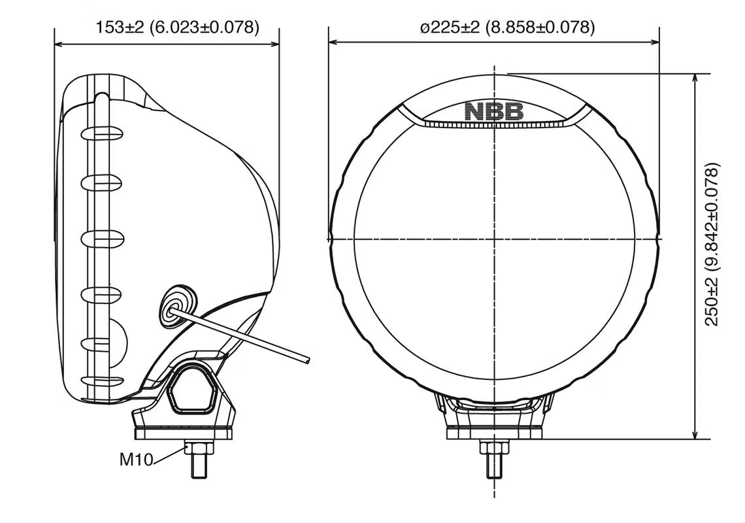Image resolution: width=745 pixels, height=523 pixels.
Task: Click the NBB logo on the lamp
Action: pyautogui.click(x=494, y=112)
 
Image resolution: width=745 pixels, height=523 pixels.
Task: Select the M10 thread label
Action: pyautogui.click(x=135, y=460)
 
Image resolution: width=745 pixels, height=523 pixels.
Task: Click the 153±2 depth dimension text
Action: pyautogui.click(x=177, y=27)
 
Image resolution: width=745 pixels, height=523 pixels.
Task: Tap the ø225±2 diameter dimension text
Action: pyautogui.click(x=507, y=27)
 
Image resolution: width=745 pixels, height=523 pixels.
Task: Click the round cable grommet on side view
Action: pyautogui.click(x=174, y=305)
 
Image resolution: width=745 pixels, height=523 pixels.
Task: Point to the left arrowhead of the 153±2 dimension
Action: pyautogui.click(x=59, y=44)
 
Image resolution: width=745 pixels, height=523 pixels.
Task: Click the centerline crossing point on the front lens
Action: pyautogui.click(x=494, y=239)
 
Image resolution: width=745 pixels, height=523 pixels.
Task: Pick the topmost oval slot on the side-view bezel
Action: pyautogui.click(x=101, y=134)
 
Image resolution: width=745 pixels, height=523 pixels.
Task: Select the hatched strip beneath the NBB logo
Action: pyautogui.click(x=494, y=124)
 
